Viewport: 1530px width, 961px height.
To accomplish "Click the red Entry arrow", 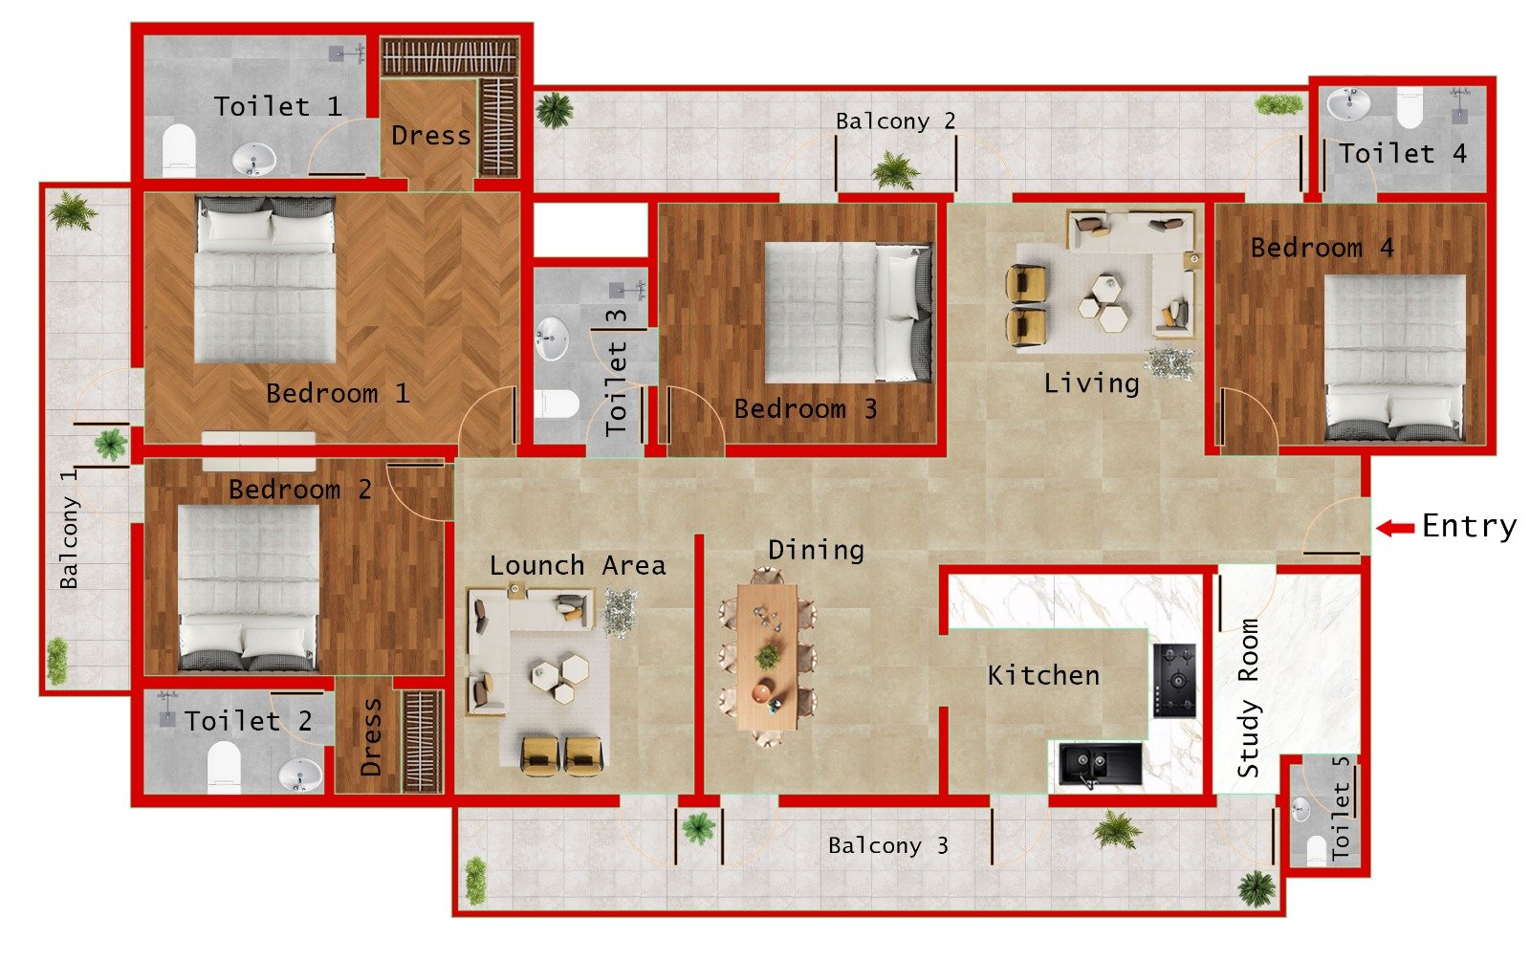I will tap(1395, 528).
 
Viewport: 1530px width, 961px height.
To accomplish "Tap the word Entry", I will tap(1469, 526).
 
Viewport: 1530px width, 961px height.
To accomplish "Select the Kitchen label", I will tap(1043, 675).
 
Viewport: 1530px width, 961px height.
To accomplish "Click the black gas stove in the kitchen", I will tap(1174, 680).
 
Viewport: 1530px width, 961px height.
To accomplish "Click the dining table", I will tap(767, 656).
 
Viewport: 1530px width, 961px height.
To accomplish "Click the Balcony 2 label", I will tap(895, 121).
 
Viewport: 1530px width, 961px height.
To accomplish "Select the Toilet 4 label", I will tap(1402, 153).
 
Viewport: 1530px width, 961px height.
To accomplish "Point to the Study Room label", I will tap(1248, 697).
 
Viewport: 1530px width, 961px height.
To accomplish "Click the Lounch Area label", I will tap(578, 566).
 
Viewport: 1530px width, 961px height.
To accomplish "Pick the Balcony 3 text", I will tap(887, 845).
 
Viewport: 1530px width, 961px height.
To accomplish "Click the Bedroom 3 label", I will tap(805, 409).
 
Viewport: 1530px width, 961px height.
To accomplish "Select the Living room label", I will tap(1091, 383).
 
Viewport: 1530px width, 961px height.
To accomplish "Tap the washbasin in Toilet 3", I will tap(552, 338).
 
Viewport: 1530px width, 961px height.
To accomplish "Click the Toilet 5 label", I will tap(1341, 806).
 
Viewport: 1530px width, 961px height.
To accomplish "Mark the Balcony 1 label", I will tap(68, 528).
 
